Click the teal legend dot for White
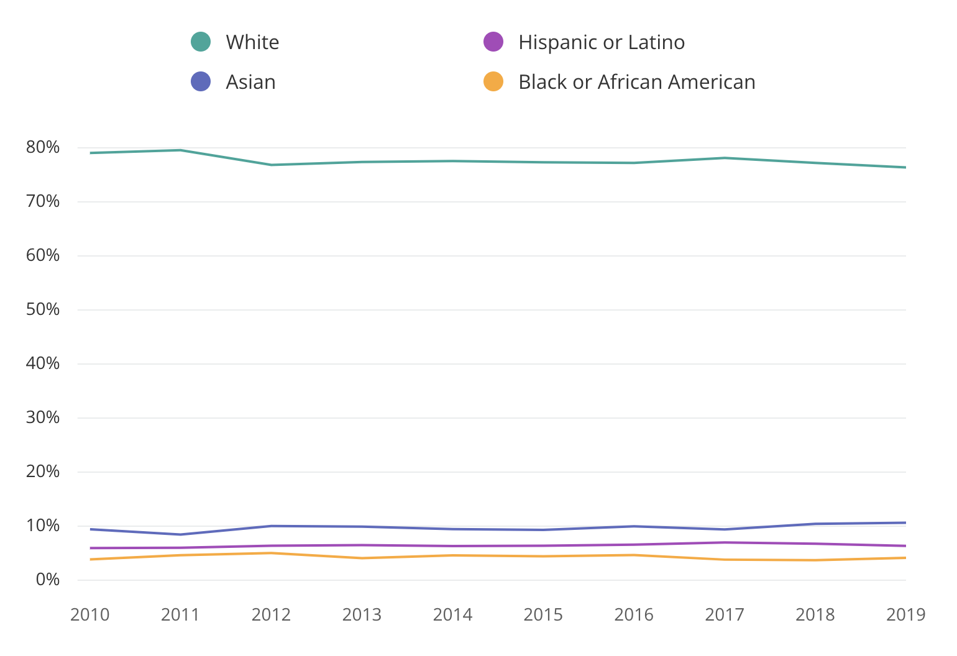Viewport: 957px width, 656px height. click(x=201, y=42)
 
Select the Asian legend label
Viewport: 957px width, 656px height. click(x=250, y=82)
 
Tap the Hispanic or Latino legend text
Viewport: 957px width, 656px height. click(x=601, y=42)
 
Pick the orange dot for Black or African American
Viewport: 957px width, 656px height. click(x=493, y=82)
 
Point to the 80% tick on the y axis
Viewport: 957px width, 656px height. click(x=43, y=148)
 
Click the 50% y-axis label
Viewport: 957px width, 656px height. click(x=43, y=309)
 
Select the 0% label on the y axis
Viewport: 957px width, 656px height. click(x=47, y=580)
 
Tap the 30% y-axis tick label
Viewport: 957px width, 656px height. click(x=43, y=417)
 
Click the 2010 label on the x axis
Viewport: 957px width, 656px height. click(x=90, y=615)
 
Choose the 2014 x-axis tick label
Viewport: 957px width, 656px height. click(x=452, y=615)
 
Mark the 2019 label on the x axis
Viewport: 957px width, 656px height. click(x=905, y=615)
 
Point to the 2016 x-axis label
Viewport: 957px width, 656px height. click(x=634, y=615)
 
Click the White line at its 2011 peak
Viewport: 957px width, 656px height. click(x=181, y=150)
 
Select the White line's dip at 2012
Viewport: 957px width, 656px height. click(x=272, y=165)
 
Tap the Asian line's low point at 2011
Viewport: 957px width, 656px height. click(x=181, y=534)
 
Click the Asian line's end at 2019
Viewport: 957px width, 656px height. click(x=905, y=523)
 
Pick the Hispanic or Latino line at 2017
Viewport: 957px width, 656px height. click(x=725, y=543)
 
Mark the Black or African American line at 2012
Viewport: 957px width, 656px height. click(x=272, y=553)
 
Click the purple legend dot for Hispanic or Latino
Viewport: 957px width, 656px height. click(x=493, y=42)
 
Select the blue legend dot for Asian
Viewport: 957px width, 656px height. click(x=201, y=82)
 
